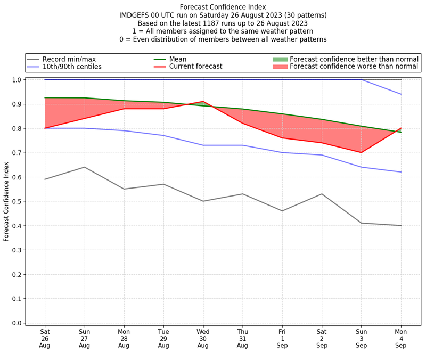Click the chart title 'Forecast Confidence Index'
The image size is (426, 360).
[x=223, y=7]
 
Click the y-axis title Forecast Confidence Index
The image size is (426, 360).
[x=6, y=201]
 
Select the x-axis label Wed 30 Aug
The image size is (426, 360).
[x=203, y=338]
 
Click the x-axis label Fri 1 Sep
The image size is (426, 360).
[x=282, y=338]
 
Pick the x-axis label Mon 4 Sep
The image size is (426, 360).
[x=401, y=338]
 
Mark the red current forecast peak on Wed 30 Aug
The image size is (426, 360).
[x=203, y=101]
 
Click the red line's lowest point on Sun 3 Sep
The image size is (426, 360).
[x=362, y=152]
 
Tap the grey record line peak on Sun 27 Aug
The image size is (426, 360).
[x=84, y=167]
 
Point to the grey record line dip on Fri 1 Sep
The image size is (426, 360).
[x=282, y=211]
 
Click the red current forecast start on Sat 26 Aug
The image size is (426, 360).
[x=45, y=128]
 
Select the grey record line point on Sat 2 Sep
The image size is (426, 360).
[x=322, y=194]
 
